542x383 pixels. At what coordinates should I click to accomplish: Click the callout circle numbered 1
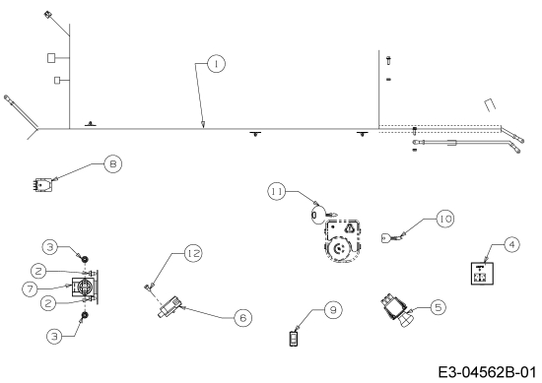216,64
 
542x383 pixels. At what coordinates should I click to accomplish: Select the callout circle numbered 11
277,191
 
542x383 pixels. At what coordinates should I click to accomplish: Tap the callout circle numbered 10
445,219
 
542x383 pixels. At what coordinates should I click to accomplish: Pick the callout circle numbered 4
511,244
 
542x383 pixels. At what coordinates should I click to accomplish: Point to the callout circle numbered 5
438,307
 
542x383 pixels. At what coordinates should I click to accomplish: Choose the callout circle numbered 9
333,310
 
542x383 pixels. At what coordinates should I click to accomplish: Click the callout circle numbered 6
242,317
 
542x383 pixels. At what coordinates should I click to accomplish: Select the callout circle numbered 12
193,253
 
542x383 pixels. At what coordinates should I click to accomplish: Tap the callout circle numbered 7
31,288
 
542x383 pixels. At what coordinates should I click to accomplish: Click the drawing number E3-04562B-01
488,372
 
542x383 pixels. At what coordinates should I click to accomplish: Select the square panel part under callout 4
482,273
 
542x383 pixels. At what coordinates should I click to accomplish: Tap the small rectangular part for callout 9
294,339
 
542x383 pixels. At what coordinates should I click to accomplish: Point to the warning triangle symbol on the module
350,227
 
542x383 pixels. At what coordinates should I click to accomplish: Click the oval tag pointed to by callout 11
318,215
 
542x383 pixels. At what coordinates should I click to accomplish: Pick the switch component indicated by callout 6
169,306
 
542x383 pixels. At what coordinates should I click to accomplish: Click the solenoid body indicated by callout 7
85,287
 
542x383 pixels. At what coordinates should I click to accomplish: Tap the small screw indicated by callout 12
149,287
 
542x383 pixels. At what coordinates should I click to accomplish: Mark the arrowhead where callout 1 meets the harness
203,125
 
